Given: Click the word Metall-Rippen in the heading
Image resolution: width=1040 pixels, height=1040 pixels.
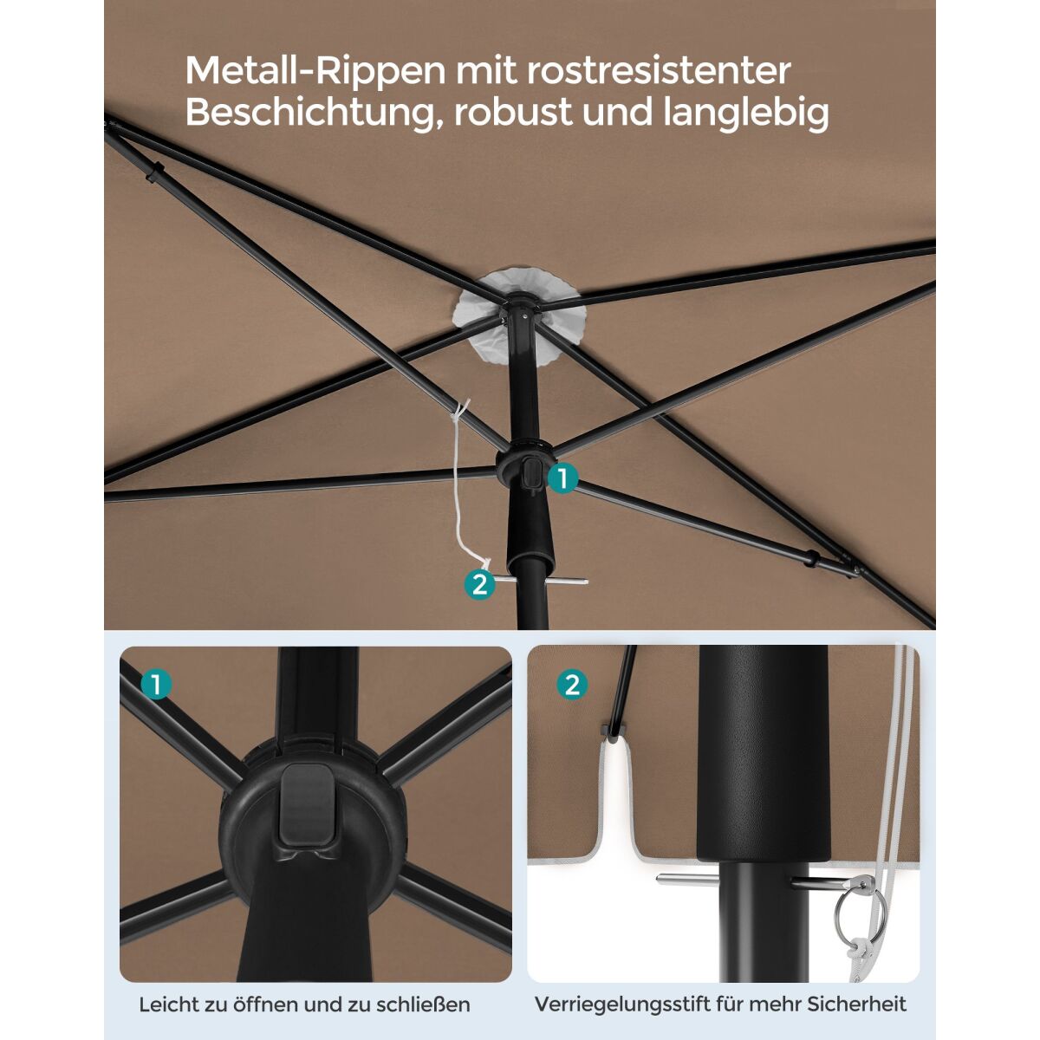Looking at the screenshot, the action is click(315, 71).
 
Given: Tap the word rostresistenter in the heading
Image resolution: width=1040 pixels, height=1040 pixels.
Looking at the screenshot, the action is click(660, 71).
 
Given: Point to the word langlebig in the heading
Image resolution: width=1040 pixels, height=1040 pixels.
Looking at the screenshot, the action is click(745, 113).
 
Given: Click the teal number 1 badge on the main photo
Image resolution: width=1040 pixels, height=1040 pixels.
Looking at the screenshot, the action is click(562, 478).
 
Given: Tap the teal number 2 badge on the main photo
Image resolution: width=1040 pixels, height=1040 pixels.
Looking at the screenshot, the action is click(479, 585).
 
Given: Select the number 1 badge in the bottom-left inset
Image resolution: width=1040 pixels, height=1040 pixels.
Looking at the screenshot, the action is click(157, 685).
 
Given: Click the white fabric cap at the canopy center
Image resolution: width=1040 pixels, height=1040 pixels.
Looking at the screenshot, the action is click(518, 318).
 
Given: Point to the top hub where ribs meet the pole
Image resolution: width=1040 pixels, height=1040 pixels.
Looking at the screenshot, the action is click(519, 308).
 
